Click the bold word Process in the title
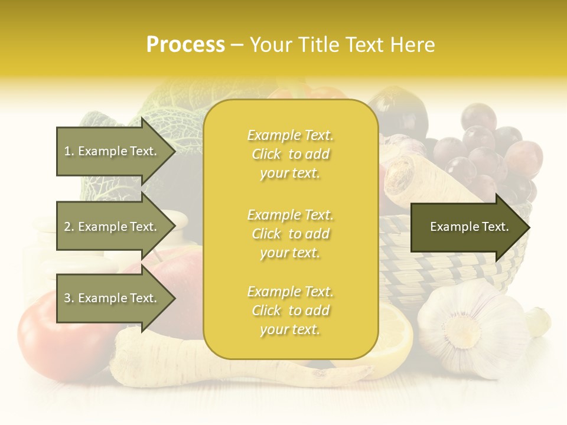[185, 45]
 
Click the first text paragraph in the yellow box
[290, 154]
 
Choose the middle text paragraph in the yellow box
[290, 234]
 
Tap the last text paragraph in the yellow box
[290, 310]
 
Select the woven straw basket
[449, 260]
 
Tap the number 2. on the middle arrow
[69, 227]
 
